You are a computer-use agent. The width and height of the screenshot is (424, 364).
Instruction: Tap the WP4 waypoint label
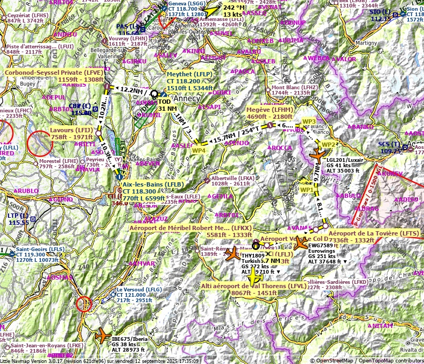[199, 150]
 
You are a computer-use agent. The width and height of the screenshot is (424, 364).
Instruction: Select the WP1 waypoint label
[307, 190]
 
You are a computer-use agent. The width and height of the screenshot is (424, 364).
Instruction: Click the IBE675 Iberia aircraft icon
[102, 336]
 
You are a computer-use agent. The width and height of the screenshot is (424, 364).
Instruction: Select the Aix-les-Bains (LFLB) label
[145, 184]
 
